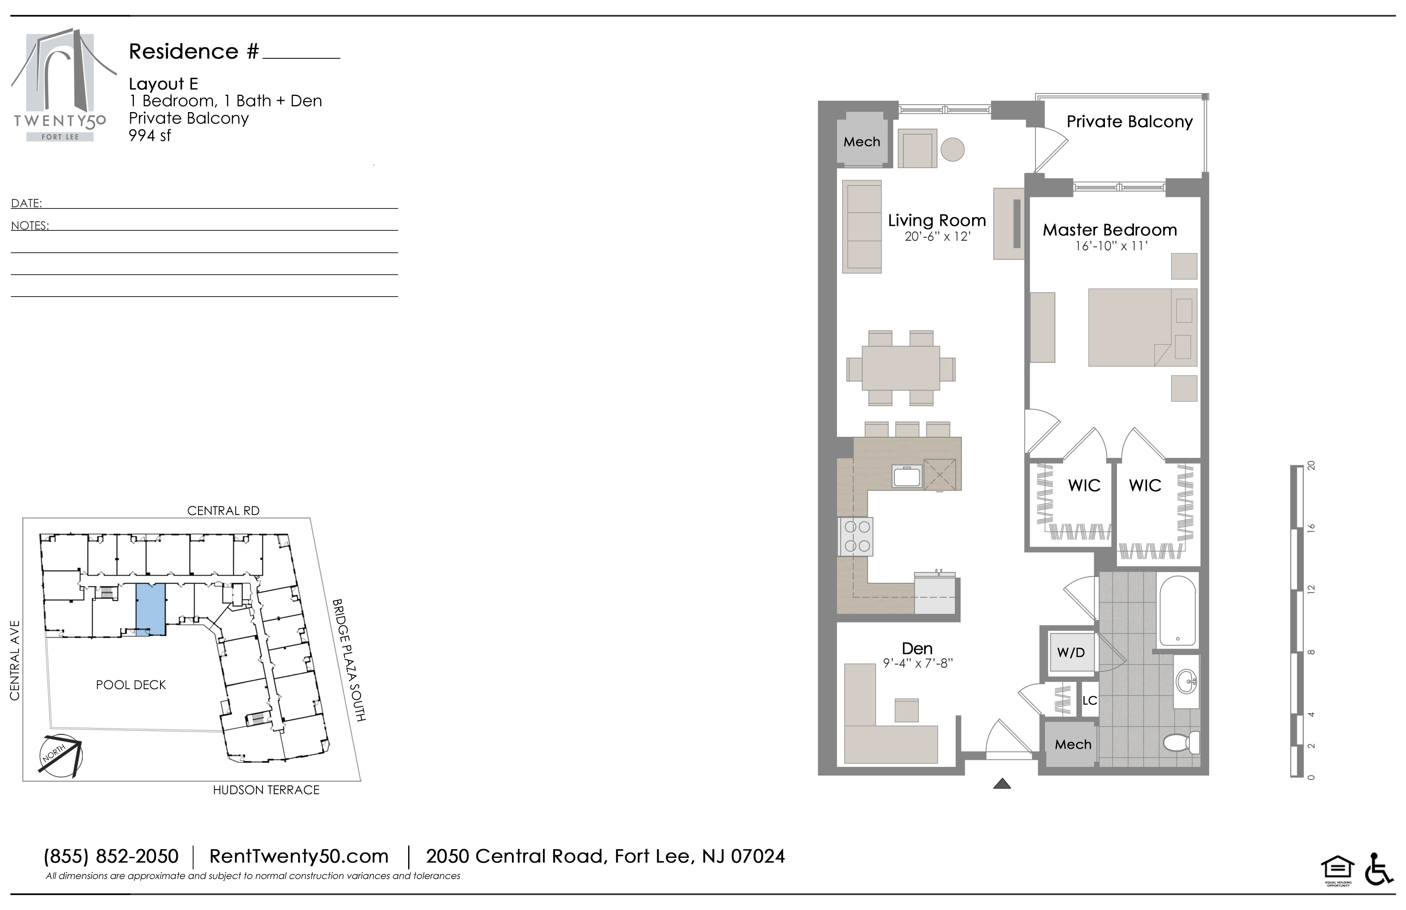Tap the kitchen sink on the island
click(907, 476)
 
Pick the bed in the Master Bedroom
click(1143, 327)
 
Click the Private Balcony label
click(1129, 122)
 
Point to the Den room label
click(917, 648)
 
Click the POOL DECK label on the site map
click(131, 685)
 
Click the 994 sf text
click(150, 136)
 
